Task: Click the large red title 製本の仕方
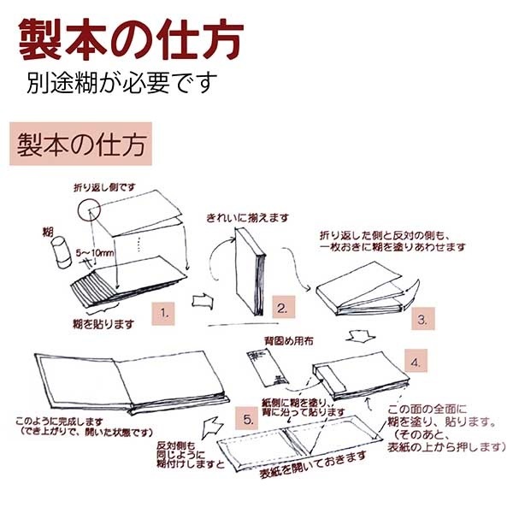[130, 38]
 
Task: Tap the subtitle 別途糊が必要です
[121, 85]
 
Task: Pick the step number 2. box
[283, 307]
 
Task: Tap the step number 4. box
[414, 362]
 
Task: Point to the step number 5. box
[247, 420]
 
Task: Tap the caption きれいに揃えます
[247, 220]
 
